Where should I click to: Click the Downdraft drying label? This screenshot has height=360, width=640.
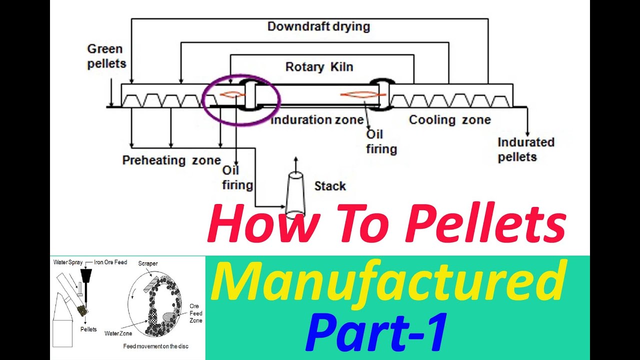pyautogui.click(x=318, y=26)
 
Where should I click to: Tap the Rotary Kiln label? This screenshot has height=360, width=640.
pyautogui.click(x=319, y=66)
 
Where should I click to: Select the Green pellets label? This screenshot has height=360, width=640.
pyautogui.click(x=106, y=56)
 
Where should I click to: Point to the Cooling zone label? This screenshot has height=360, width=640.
pyautogui.click(x=449, y=120)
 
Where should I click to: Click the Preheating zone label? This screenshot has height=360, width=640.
pyautogui.click(x=171, y=160)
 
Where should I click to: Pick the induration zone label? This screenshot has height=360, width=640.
pyautogui.click(x=317, y=120)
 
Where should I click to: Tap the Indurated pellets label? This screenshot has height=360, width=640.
pyautogui.click(x=525, y=149)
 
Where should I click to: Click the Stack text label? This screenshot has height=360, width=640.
pyautogui.click(x=330, y=186)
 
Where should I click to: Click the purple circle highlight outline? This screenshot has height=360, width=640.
pyautogui.click(x=205, y=100)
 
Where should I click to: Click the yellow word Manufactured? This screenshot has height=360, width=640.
pyautogui.click(x=388, y=283)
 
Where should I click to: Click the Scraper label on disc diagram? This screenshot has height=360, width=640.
pyautogui.click(x=148, y=263)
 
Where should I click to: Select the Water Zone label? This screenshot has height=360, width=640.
pyautogui.click(x=118, y=333)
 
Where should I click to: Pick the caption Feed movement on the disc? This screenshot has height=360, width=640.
pyautogui.click(x=156, y=346)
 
